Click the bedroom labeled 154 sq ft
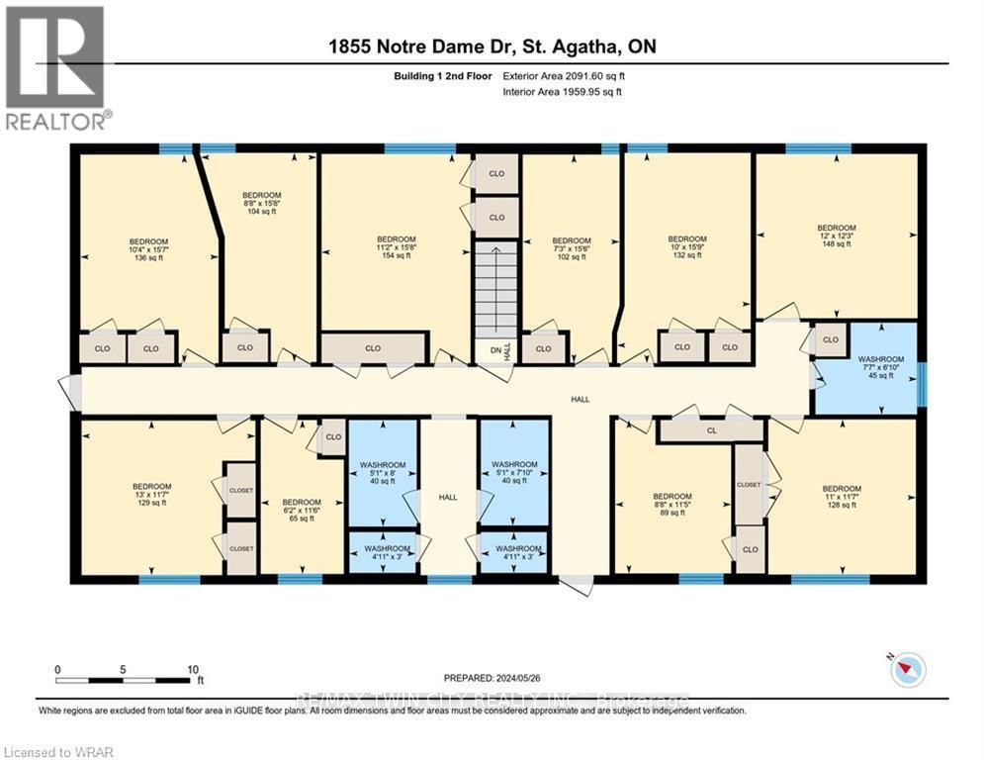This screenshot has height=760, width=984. (396, 247)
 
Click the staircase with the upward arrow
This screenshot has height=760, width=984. (495, 287)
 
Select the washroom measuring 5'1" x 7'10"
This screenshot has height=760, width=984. (514, 471)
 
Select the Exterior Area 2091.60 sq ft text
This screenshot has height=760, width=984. (564, 75)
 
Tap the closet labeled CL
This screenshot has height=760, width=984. (710, 430)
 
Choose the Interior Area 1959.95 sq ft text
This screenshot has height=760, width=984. (564, 92)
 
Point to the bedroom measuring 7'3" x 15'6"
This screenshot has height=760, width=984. (571, 247)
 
